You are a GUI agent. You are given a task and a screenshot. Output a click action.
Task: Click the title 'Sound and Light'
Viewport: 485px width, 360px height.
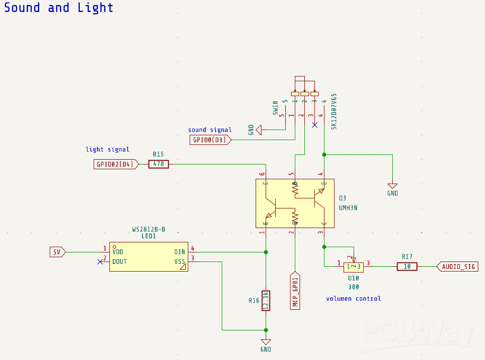pyautogui.click(x=59, y=8)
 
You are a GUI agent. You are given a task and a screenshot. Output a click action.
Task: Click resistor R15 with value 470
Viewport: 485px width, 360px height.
pyautogui.click(x=159, y=164)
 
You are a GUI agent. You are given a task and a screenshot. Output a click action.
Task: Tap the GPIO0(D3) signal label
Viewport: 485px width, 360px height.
pyautogui.click(x=211, y=140)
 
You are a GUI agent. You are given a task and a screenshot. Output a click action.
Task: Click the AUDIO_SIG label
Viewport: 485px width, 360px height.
pyautogui.click(x=458, y=266)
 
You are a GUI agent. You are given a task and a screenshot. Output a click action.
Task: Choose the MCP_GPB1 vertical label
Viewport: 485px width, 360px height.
pyautogui.click(x=295, y=291)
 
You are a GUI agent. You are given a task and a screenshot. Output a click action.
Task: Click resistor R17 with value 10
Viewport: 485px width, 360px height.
pyautogui.click(x=407, y=266)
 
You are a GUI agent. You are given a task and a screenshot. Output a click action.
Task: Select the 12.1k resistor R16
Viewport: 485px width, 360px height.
pyautogui.click(x=266, y=301)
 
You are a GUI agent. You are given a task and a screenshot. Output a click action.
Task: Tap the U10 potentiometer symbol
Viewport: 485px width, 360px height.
pyautogui.click(x=354, y=266)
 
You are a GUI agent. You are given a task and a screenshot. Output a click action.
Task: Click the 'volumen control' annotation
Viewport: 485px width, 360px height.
pyautogui.click(x=354, y=299)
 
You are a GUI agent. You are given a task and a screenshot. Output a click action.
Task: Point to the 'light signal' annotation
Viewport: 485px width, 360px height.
pyautogui.click(x=108, y=150)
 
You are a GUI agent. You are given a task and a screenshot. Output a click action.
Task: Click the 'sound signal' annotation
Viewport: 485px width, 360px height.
pyautogui.click(x=210, y=130)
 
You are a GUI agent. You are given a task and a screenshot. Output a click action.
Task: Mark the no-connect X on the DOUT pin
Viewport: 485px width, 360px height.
pyautogui.click(x=100, y=262)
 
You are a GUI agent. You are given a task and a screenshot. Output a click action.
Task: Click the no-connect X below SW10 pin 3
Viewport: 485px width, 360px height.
pyautogui.click(x=314, y=125)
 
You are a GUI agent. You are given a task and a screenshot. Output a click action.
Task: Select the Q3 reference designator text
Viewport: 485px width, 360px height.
pyautogui.click(x=342, y=198)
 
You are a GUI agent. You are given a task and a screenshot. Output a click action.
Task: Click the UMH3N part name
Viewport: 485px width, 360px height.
pyautogui.click(x=348, y=208)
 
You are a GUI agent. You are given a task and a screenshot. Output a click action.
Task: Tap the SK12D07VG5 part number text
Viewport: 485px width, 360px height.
pyautogui.click(x=334, y=111)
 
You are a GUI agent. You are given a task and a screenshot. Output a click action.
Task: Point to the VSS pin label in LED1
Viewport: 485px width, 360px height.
pyautogui.click(x=180, y=262)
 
